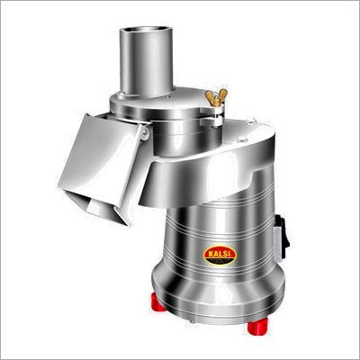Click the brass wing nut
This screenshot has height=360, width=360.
(216, 97)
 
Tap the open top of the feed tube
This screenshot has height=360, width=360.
(146, 30)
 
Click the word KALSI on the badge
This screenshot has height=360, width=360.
(220, 253)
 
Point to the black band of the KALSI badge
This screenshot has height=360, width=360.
(220, 260)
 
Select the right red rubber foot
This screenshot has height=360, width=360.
(257, 327)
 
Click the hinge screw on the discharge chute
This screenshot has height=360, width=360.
(145, 131)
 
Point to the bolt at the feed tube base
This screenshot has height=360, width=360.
(121, 95)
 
